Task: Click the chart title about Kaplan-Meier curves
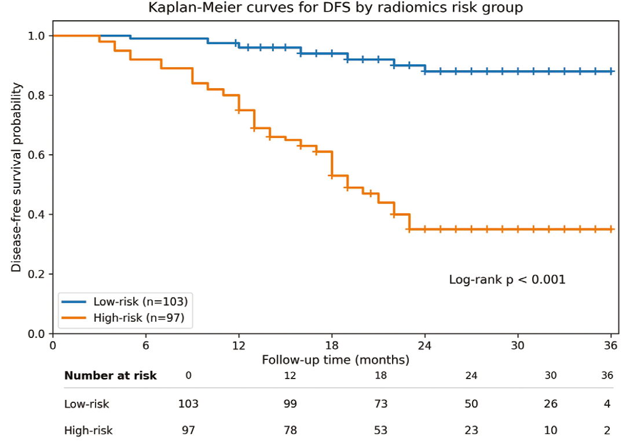335,7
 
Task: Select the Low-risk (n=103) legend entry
125,301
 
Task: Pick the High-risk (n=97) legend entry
123,318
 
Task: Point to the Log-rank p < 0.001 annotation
507,279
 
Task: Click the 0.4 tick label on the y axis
36,214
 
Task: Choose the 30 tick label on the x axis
518,345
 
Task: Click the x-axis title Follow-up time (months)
336,360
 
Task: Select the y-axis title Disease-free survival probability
16,177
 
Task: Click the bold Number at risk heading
110,376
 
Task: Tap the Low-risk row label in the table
87,404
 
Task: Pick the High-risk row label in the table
88,431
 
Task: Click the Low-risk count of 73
381,403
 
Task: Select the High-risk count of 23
471,430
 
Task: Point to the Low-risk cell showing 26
551,403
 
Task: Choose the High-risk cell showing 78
290,430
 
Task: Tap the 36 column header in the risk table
607,375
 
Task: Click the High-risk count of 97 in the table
188,430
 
